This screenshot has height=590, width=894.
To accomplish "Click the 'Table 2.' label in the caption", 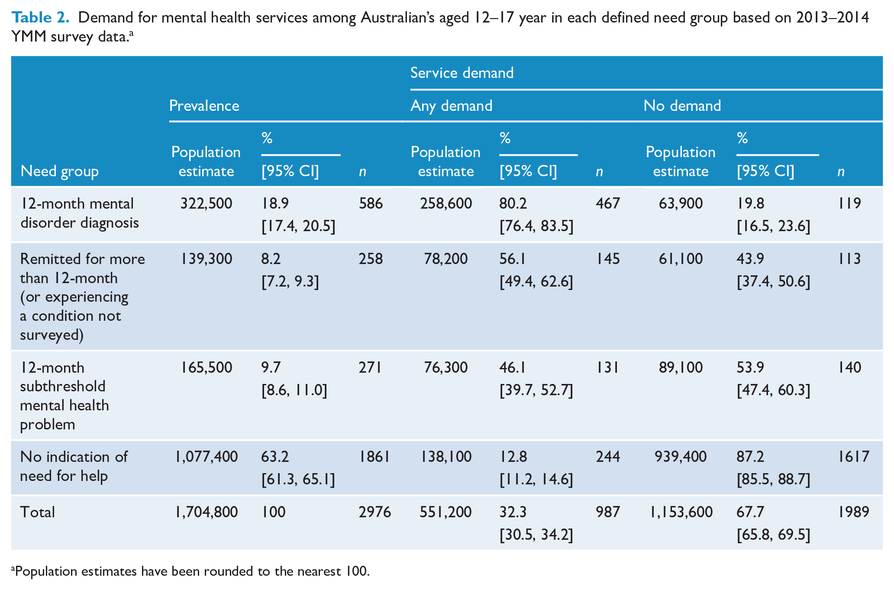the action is pyautogui.click(x=40, y=17).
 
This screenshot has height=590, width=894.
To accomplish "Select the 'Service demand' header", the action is pyautogui.click(x=462, y=73).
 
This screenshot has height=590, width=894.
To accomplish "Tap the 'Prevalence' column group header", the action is pyautogui.click(x=204, y=106).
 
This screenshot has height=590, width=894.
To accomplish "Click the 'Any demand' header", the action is pyautogui.click(x=452, y=106).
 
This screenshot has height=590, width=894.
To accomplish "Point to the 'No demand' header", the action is pyautogui.click(x=682, y=106).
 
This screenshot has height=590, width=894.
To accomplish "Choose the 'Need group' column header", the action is pyautogui.click(x=60, y=171).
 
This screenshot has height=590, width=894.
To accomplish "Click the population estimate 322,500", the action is pyautogui.click(x=206, y=203).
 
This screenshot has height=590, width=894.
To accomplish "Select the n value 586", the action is pyautogui.click(x=371, y=203).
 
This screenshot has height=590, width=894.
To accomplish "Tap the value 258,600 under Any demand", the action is pyautogui.click(x=446, y=203).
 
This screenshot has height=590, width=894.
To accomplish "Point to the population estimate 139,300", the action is pyautogui.click(x=206, y=259).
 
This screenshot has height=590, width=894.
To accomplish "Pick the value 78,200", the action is pyautogui.click(x=446, y=259).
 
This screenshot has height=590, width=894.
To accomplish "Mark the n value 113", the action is pyautogui.click(x=849, y=259).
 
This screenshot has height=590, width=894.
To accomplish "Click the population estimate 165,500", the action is pyautogui.click(x=206, y=368).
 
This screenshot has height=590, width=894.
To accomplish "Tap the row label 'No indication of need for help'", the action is pyautogui.click(x=74, y=466).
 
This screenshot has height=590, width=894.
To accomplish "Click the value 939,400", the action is pyautogui.click(x=681, y=457).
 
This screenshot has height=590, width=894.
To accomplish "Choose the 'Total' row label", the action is pyautogui.click(x=38, y=512).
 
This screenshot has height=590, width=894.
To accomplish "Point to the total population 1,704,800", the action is pyautogui.click(x=206, y=512).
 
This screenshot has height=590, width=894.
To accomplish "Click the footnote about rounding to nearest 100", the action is pyautogui.click(x=191, y=571).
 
